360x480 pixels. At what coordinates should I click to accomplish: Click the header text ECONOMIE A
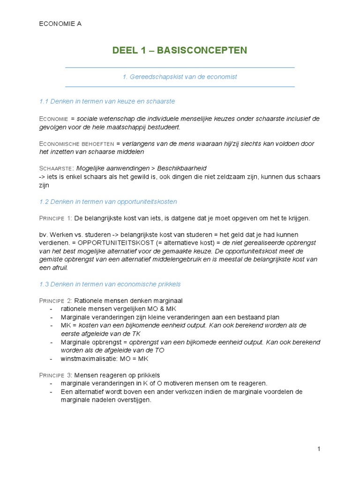(x=60, y=24)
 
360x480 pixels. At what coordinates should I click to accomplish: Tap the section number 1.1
(x=44, y=101)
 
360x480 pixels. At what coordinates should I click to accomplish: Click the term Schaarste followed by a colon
(x=56, y=168)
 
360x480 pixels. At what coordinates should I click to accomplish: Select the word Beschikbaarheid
(x=182, y=168)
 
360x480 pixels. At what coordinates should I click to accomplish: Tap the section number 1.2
(x=44, y=202)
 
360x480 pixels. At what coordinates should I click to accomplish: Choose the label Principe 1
(x=56, y=218)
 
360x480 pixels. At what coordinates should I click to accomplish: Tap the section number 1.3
(x=44, y=284)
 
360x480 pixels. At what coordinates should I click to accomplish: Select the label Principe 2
(x=56, y=300)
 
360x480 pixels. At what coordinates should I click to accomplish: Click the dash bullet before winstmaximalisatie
(x=51, y=359)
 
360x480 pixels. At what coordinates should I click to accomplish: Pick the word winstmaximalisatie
(x=88, y=359)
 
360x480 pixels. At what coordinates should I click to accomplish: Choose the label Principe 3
(x=56, y=375)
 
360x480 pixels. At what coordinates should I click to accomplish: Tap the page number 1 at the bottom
(x=319, y=449)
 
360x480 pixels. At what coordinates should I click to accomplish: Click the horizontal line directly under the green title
(x=180, y=67)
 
